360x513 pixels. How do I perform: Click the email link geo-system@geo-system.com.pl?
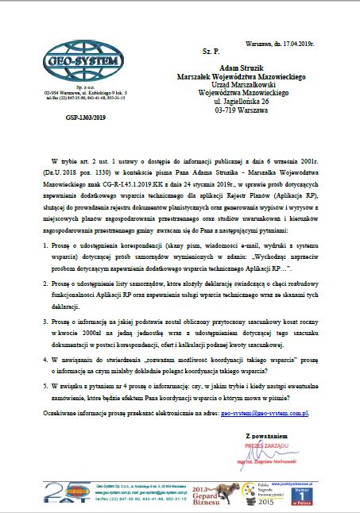click(264, 413)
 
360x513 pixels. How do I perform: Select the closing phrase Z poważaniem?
click(266, 436)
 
